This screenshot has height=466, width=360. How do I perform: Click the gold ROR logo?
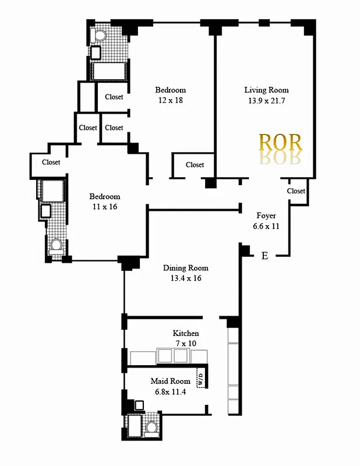coord(280,143)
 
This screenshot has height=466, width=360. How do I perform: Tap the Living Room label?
coord(266,90)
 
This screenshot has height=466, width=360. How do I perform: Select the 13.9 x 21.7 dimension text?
coord(266,101)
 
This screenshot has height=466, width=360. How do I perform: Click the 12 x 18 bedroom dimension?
coord(170,101)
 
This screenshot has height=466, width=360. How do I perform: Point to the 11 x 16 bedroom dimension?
coord(104,207)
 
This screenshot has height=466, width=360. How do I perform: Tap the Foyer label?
coord(266,216)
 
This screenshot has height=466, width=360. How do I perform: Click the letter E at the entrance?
coord(264,256)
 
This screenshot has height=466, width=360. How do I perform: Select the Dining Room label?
coord(185,268)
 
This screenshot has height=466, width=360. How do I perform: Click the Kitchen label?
coord(186,333)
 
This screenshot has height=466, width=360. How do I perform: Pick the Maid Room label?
coord(170,381)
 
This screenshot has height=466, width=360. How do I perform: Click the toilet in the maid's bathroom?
coord(151,428)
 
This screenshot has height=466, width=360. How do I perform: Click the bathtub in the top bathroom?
coord(110,71)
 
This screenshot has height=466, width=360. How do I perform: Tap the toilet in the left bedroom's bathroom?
coord(57,246)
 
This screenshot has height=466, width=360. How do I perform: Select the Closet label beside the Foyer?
coord(296,191)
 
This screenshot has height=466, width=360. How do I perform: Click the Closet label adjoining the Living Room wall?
coord(195,165)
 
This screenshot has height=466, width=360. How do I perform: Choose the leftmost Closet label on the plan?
coord(51,163)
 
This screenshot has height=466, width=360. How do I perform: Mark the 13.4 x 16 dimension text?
coord(185,278)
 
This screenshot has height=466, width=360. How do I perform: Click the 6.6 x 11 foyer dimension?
coord(266,226)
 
